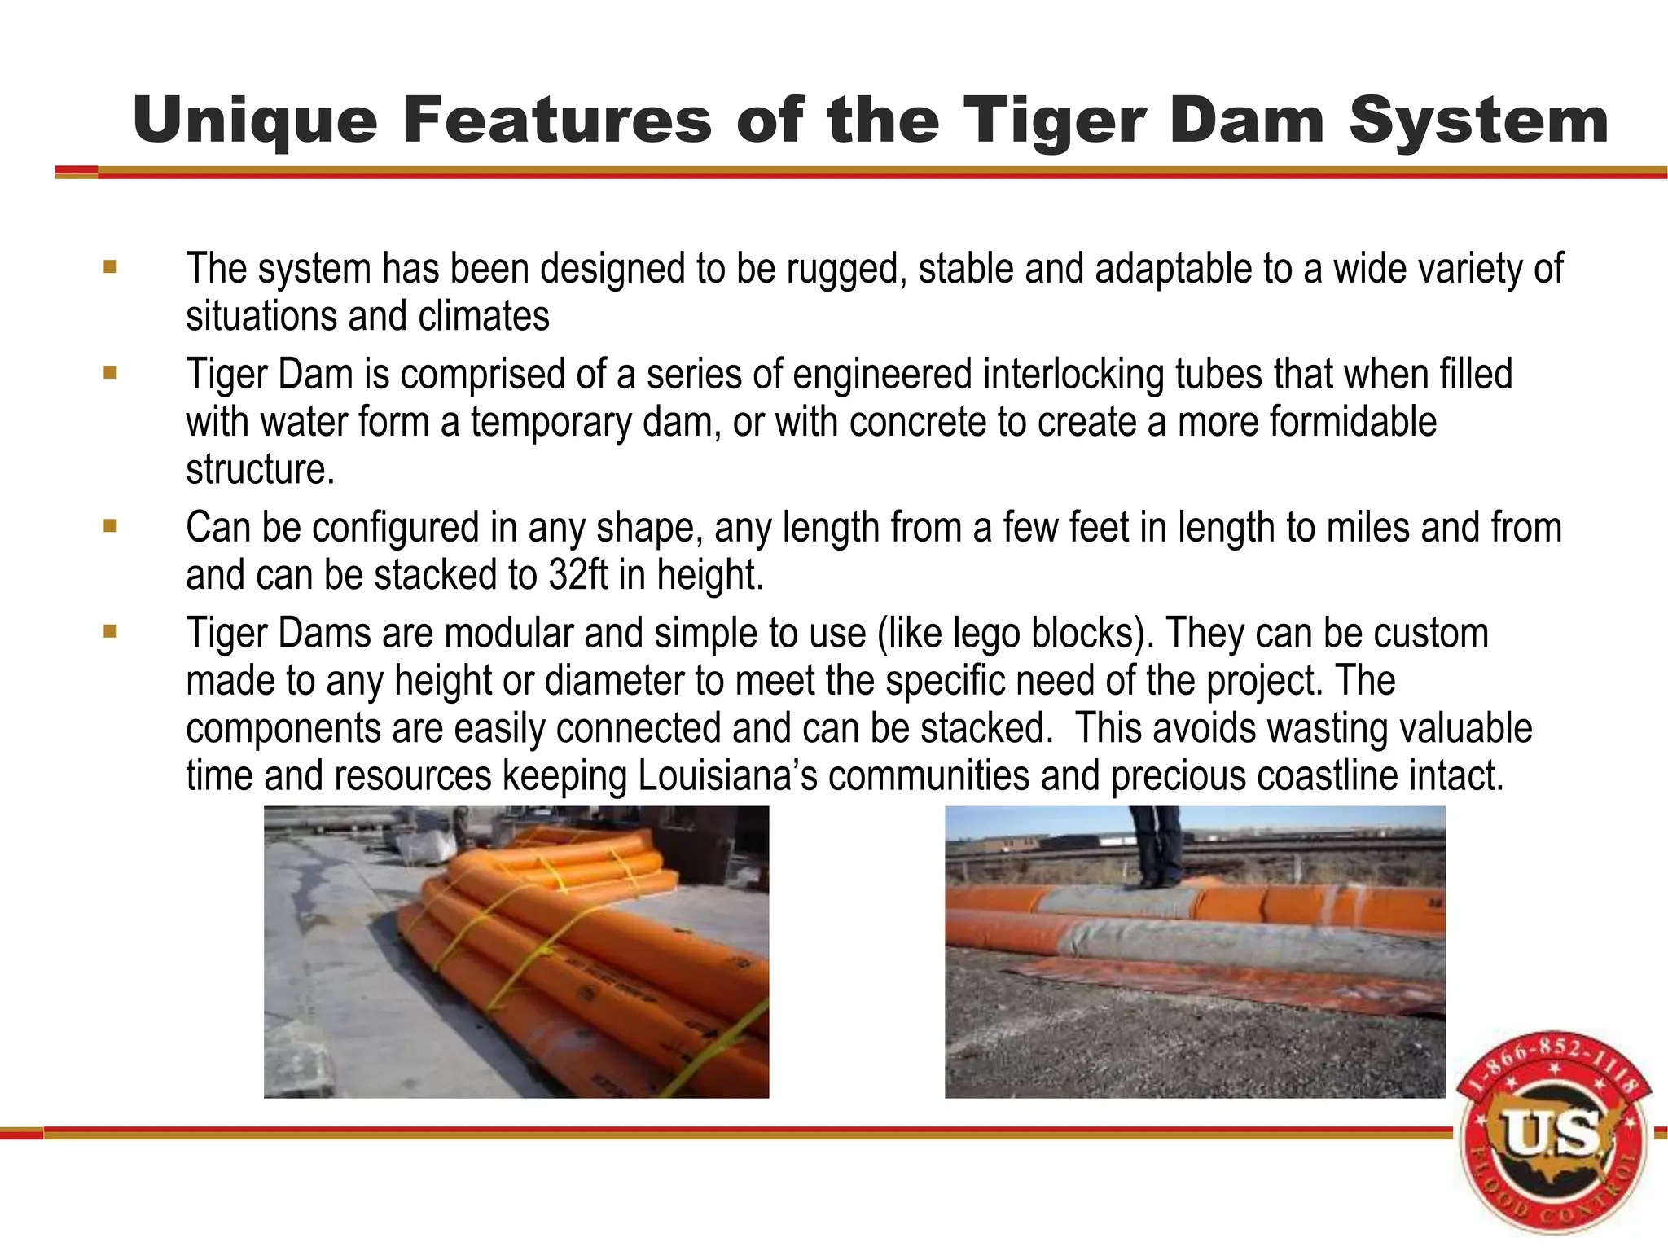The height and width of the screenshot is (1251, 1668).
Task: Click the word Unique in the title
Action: coord(255,121)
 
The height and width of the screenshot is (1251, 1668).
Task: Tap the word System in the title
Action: coord(1478,121)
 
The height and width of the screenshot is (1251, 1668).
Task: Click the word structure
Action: coord(259,469)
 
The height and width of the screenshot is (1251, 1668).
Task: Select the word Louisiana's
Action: coord(727,775)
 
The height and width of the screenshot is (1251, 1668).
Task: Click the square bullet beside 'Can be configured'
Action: coord(111,526)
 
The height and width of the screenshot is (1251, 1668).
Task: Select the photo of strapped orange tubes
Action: coord(516,951)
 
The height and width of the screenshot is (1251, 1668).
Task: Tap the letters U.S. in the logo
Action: coord(1549,1135)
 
